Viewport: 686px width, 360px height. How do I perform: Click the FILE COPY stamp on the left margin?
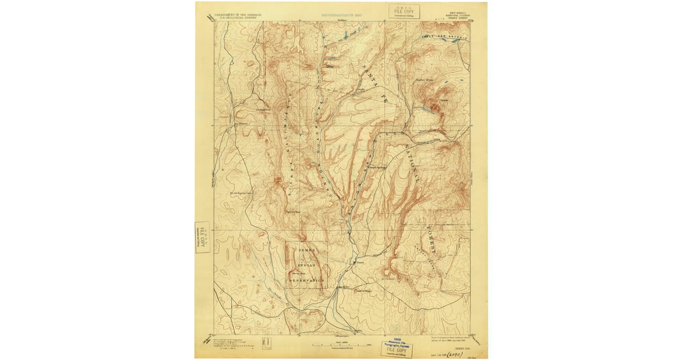202,237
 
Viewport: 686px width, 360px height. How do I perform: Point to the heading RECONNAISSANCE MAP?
342,15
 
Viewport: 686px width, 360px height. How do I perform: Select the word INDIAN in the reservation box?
306,266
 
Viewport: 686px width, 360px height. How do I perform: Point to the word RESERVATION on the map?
306,281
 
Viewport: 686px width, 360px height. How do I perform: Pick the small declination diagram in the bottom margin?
265,343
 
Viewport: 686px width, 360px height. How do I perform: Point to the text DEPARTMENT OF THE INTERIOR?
236,15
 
